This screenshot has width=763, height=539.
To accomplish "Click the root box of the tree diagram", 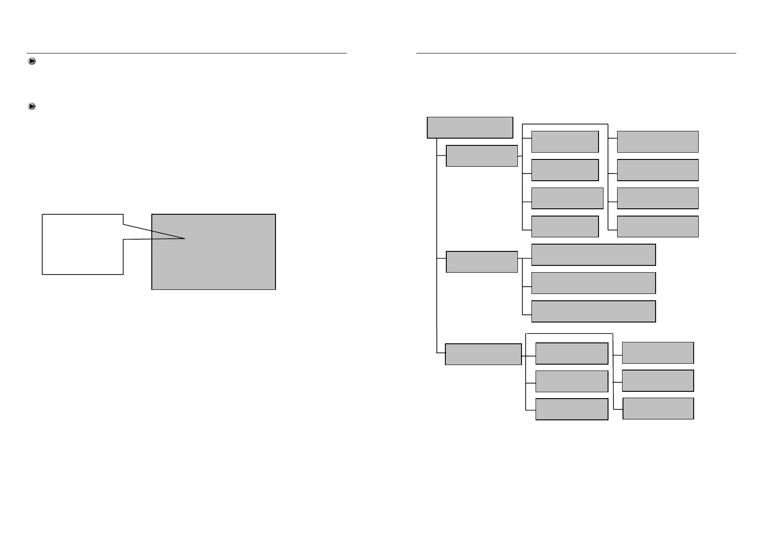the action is [470, 127].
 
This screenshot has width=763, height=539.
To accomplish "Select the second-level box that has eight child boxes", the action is [482, 156].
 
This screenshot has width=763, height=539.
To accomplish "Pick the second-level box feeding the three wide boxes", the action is [482, 262].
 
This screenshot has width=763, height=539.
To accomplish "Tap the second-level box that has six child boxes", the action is [483, 354].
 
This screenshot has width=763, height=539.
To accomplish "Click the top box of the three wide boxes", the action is [593, 255].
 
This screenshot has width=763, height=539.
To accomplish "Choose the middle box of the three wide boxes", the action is [593, 283].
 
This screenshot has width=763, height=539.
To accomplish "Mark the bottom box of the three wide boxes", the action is [593, 311].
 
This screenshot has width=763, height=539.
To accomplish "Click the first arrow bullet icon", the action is [32, 61].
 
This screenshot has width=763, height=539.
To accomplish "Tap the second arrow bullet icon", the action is [32, 106].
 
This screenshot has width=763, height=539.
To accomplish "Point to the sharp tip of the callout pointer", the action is [184, 238].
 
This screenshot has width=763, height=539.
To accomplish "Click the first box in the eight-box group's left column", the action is [565, 142].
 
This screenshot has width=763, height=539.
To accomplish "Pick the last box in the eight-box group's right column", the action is [657, 226].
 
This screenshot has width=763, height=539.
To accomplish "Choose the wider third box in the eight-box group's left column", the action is [567, 198].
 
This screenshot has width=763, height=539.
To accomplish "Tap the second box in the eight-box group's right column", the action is [657, 170].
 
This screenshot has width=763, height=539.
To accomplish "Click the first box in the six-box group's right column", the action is [657, 353].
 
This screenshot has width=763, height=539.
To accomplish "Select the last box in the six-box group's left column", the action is [571, 409].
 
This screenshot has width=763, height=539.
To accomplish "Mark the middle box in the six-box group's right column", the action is [657, 380].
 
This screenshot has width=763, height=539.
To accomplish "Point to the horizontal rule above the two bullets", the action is [186, 53].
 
